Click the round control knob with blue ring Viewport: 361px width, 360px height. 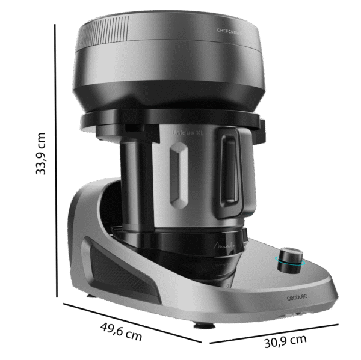(x=291, y=258)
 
